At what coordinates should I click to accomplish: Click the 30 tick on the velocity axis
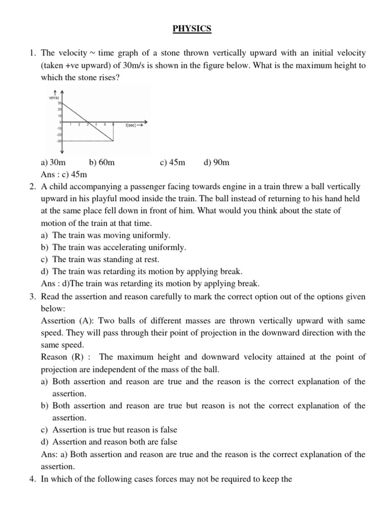[59, 103]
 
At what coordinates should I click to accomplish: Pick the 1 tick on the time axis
[70, 125]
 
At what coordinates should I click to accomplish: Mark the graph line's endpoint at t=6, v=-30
[113, 141]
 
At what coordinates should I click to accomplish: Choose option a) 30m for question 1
[52, 163]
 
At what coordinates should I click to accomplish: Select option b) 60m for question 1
[102, 163]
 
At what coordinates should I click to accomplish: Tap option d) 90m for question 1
[216, 163]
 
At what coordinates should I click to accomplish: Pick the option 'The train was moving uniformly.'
[112, 236]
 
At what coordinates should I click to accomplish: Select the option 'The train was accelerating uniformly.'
[119, 248]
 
